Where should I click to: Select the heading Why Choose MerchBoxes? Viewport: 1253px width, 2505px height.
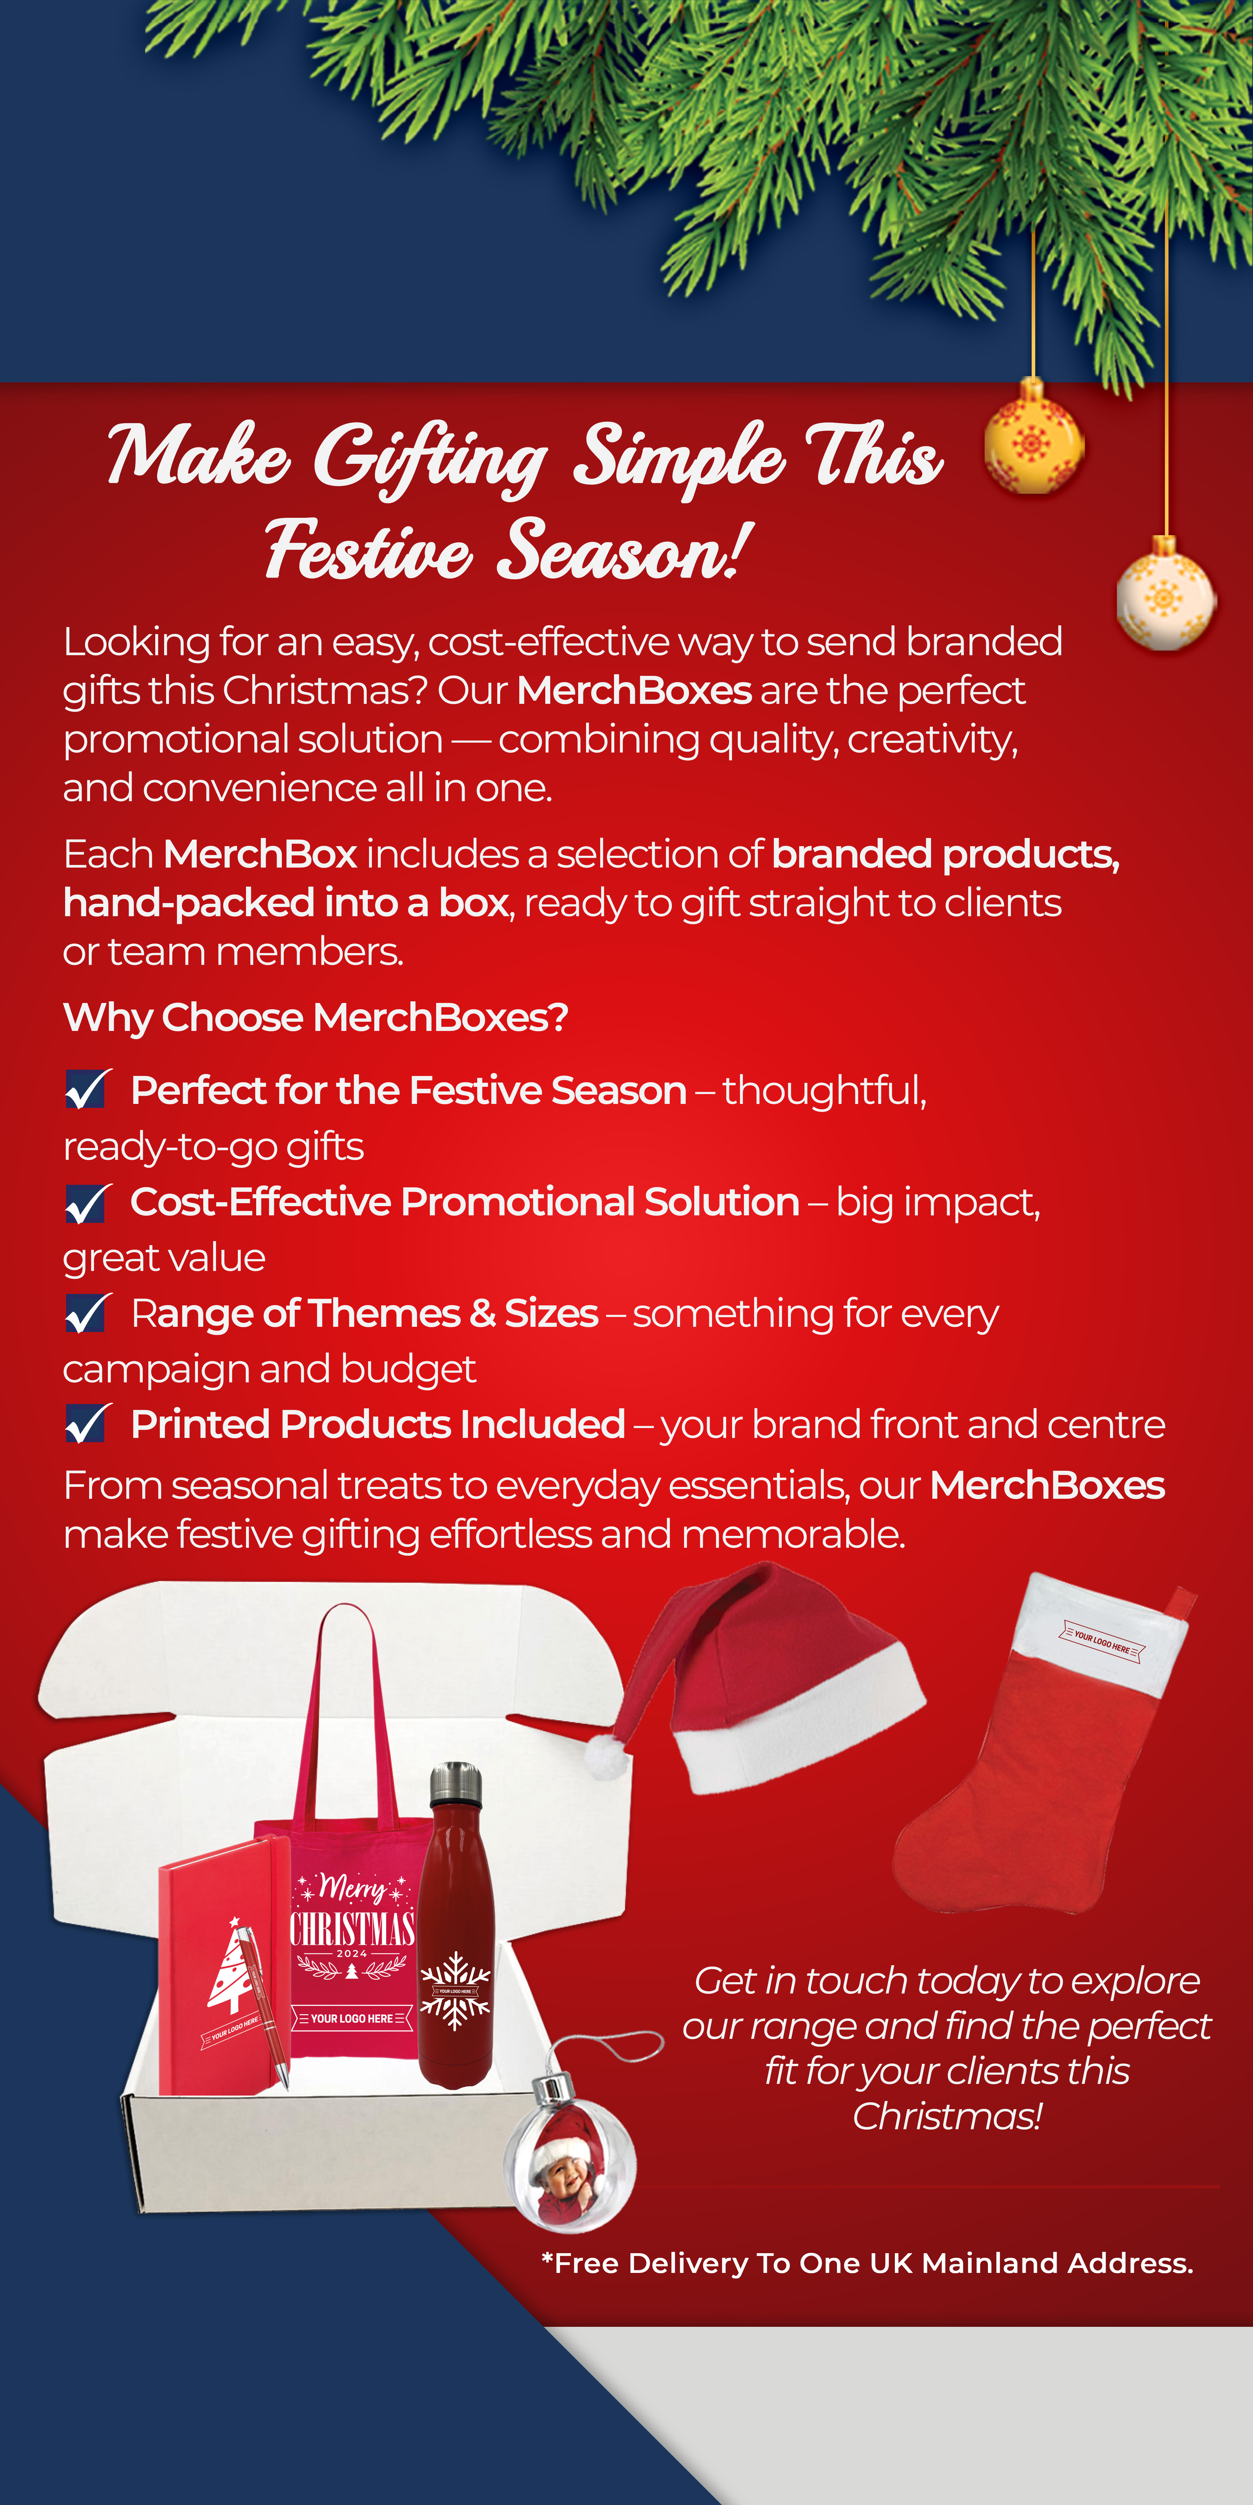tap(315, 1017)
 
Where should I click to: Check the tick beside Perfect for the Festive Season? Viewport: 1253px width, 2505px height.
tap(87, 1089)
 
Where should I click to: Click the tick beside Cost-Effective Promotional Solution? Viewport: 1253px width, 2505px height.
tap(87, 1202)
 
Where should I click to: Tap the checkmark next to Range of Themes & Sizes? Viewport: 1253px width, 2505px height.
tap(87, 1313)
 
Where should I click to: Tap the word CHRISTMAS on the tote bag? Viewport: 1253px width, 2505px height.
tap(352, 1927)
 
